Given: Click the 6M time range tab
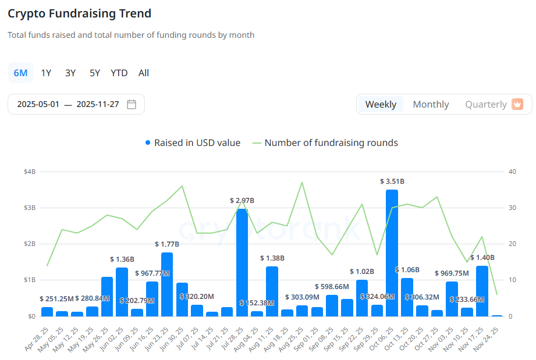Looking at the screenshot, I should pyautogui.click(x=20, y=73).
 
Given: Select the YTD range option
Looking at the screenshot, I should pyautogui.click(x=119, y=73).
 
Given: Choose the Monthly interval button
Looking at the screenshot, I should pyautogui.click(x=431, y=105).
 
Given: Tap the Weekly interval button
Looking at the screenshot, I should pyautogui.click(x=381, y=105).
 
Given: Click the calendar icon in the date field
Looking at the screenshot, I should pyautogui.click(x=132, y=105).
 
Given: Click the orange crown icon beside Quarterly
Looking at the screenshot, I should pyautogui.click(x=517, y=105).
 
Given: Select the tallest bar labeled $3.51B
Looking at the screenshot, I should pyautogui.click(x=392, y=253).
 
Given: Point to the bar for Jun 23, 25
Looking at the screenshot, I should pyautogui.click(x=167, y=284).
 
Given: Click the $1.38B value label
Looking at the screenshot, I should pyautogui.click(x=272, y=258).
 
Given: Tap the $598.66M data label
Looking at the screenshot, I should pyautogui.click(x=332, y=287).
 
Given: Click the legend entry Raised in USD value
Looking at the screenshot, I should pyautogui.click(x=193, y=143).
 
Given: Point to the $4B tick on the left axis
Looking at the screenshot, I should pyautogui.click(x=30, y=172).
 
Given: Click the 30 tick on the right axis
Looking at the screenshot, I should pyautogui.click(x=512, y=208).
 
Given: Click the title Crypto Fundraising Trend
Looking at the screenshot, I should pyautogui.click(x=79, y=13).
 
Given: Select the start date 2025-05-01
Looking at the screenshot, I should pyautogui.click(x=38, y=105).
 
